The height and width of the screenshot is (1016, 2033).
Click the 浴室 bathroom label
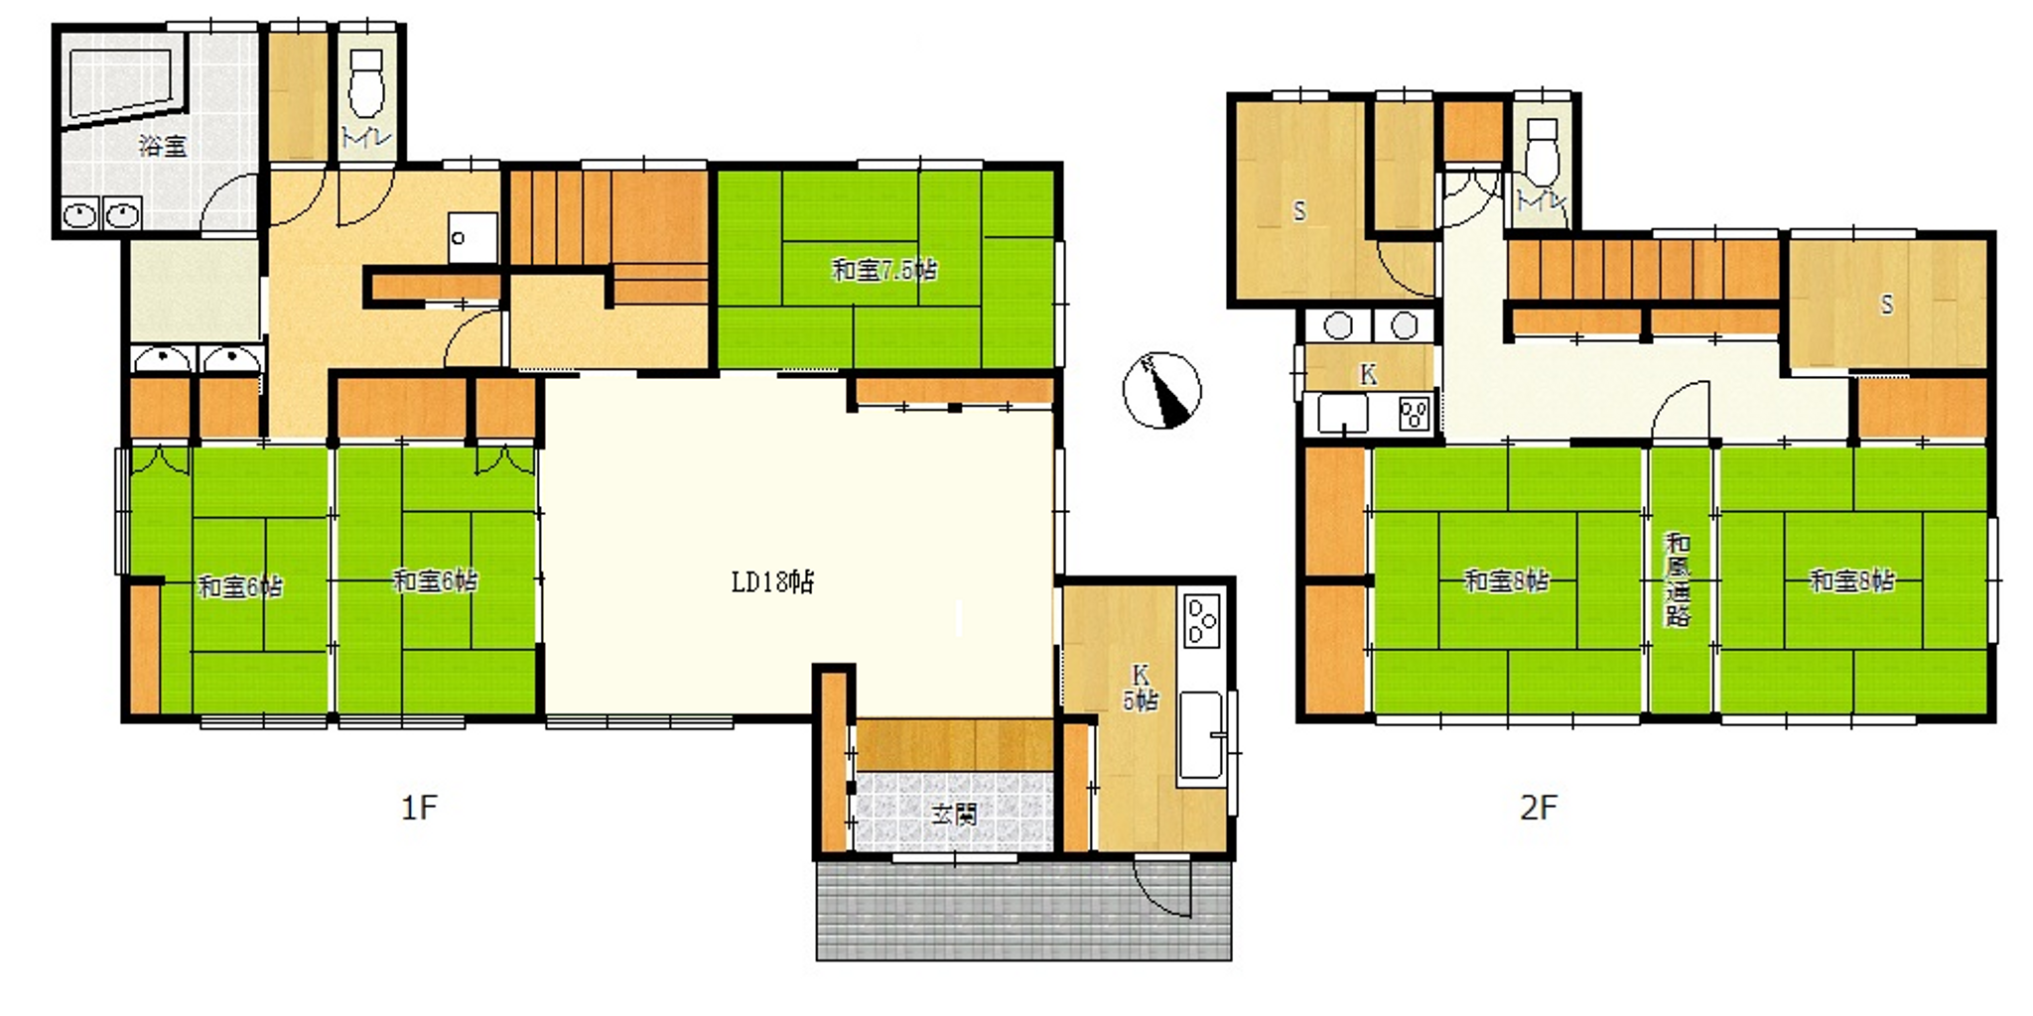point(163,147)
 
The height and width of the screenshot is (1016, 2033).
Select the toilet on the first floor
point(367,84)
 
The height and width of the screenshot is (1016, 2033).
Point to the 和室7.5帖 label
point(884,270)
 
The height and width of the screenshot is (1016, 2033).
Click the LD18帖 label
point(772,582)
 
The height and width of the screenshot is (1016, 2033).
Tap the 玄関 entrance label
point(954,815)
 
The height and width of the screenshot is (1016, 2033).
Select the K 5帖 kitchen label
point(1140,687)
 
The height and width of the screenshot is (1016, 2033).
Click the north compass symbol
point(1161,391)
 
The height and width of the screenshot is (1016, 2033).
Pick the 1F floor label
point(419,808)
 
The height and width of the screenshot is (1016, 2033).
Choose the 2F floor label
point(1539,808)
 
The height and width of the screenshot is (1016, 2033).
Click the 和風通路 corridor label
point(1678,580)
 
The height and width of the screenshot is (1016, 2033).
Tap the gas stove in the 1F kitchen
point(1202,620)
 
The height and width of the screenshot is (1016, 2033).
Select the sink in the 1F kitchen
point(1202,734)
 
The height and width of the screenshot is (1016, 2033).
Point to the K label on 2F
point(1368,375)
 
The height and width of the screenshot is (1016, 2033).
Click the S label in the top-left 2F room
point(1299,211)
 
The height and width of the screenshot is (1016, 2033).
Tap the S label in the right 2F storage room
point(1887,305)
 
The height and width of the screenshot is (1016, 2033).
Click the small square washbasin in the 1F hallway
point(473,238)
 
